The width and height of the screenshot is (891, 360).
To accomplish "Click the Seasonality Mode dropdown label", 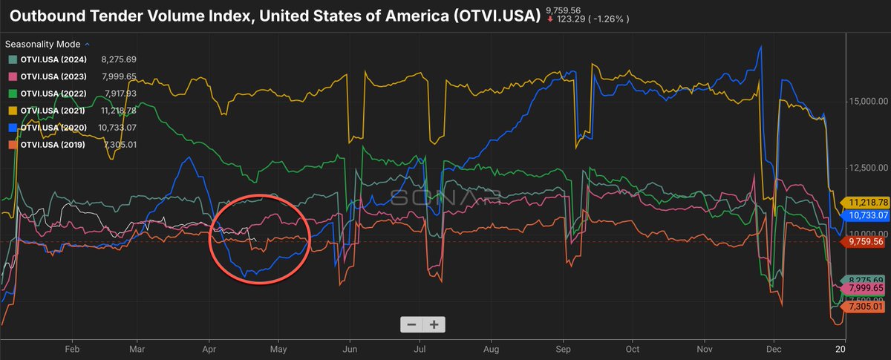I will click(x=42, y=45).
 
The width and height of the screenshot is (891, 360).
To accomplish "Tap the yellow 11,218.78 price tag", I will click(x=866, y=202).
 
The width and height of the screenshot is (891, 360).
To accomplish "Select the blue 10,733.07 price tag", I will click(x=866, y=215).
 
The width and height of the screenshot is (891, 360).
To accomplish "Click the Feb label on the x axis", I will click(x=72, y=348).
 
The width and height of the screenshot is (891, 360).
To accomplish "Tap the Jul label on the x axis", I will click(x=420, y=348).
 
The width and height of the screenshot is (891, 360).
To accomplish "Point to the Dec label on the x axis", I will click(x=774, y=348).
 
